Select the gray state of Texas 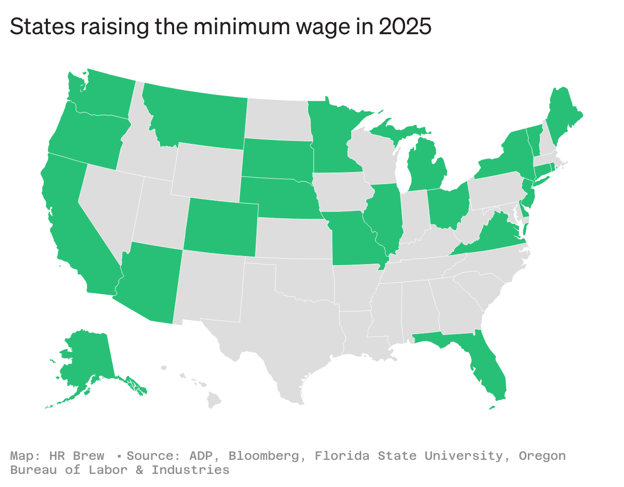click(282, 322)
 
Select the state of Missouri click(352, 239)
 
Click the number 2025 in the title click(405, 26)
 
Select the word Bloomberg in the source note click(265, 456)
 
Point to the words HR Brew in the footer click(76, 456)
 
